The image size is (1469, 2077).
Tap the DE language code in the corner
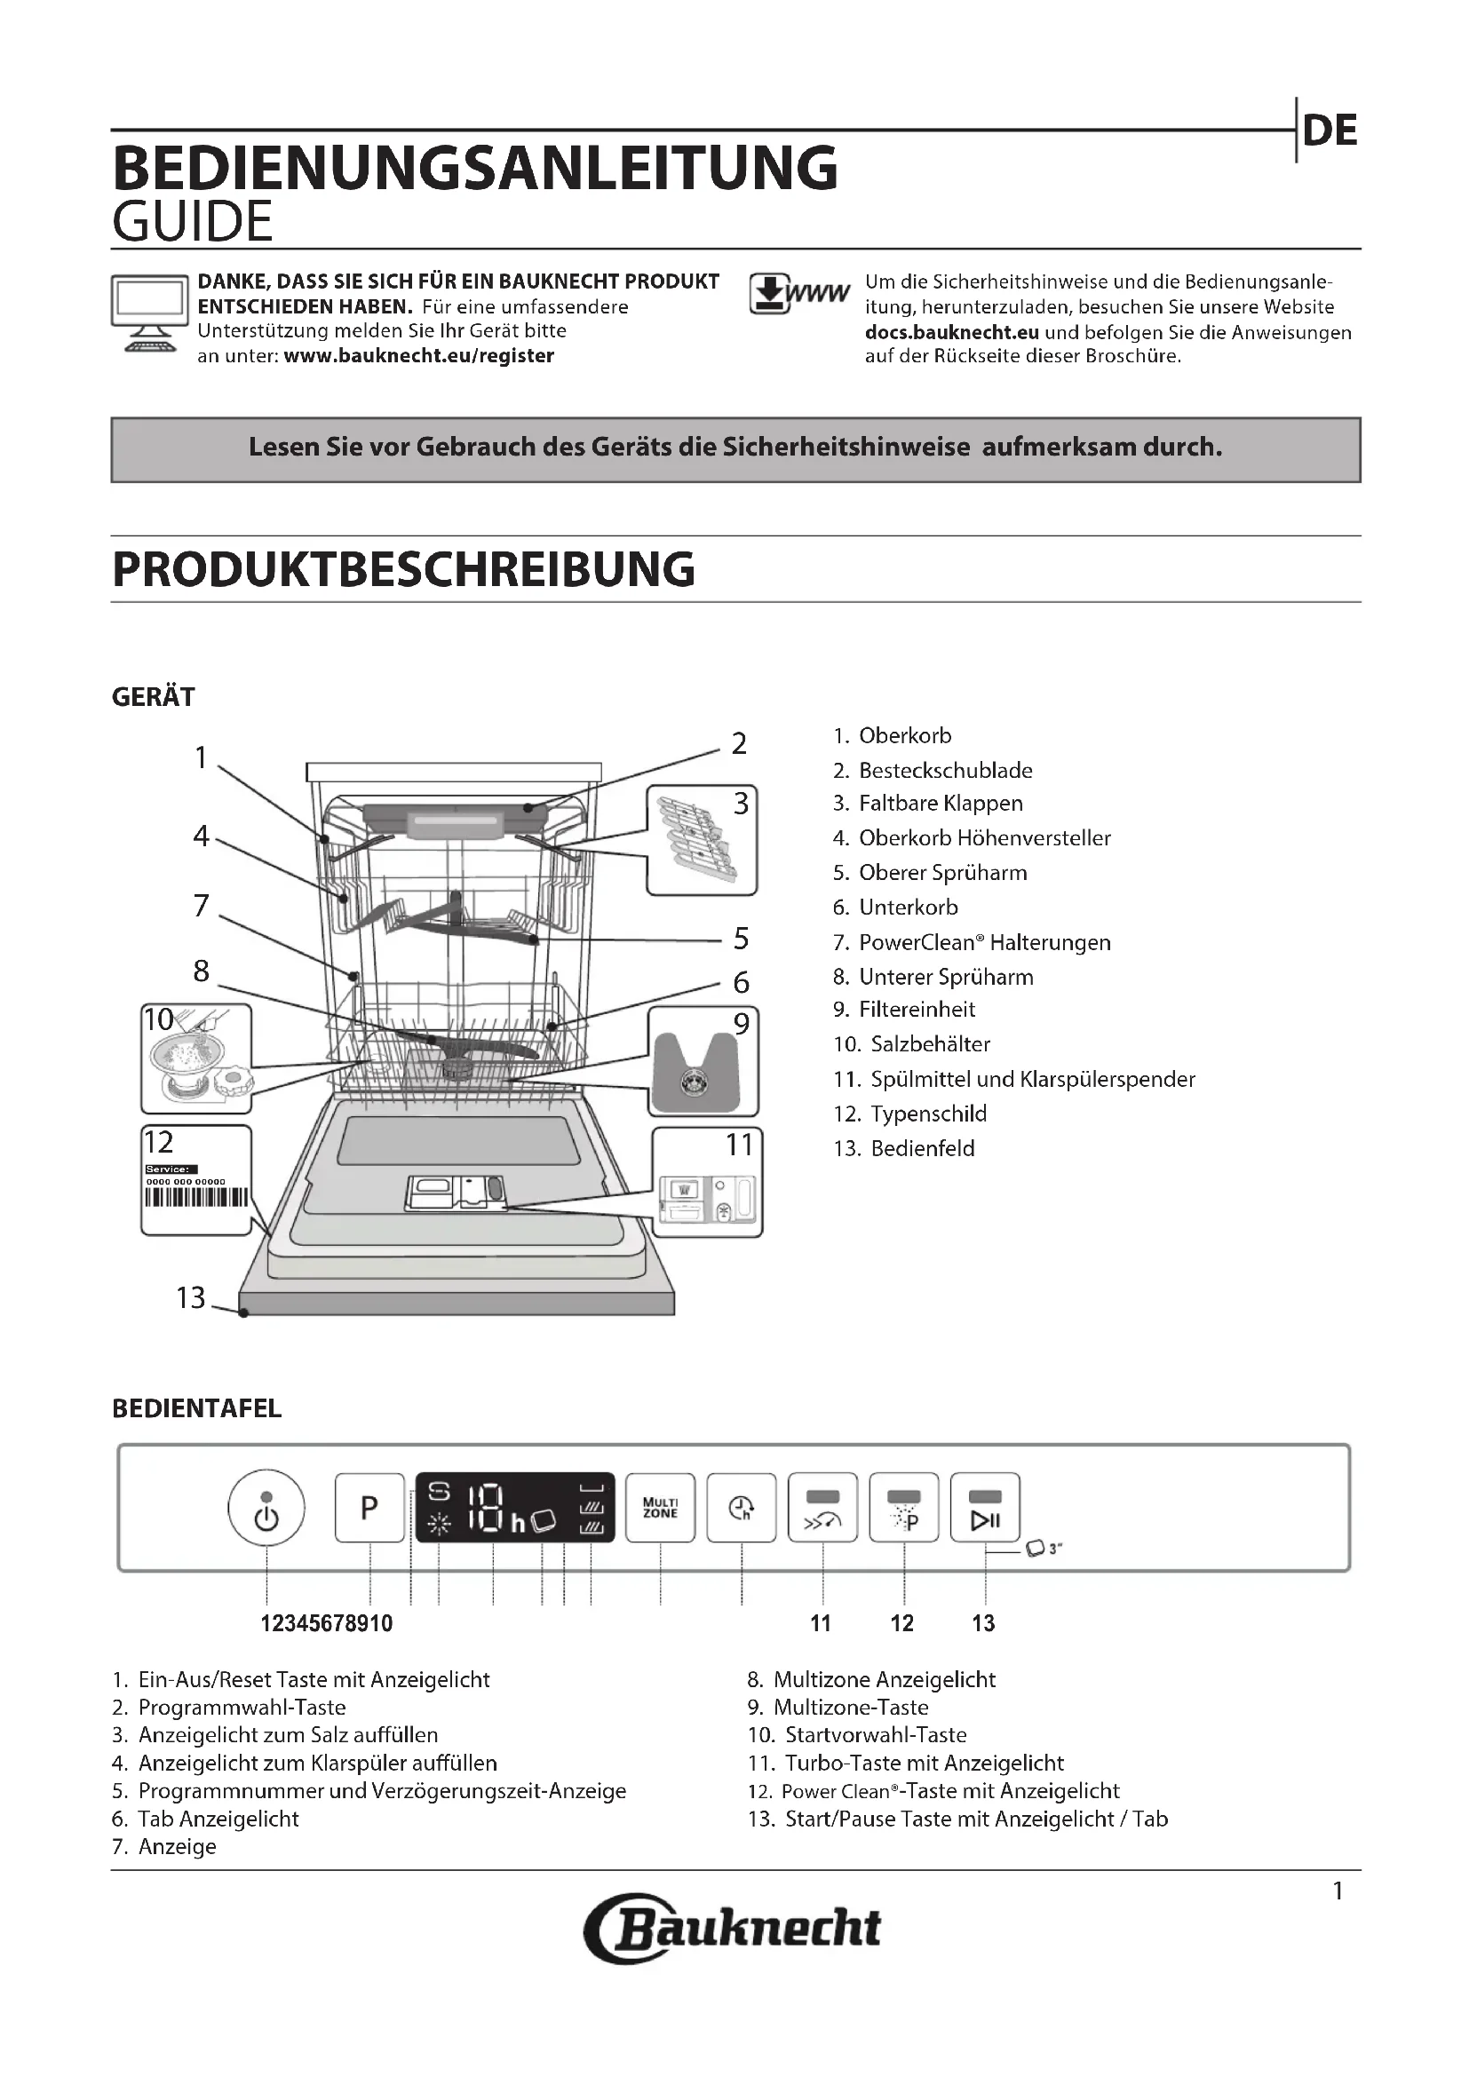tap(1330, 131)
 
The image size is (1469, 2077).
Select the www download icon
tap(798, 294)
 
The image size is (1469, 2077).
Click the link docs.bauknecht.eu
tap(951, 332)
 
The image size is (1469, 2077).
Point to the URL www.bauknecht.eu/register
tap(419, 355)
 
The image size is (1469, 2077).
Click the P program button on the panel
tap(369, 1508)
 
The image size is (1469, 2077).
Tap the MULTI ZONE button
tap(660, 1508)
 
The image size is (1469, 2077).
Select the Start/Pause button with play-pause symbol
tap(985, 1508)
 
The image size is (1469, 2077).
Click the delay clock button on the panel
tap(742, 1508)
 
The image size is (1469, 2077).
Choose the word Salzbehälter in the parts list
tap(930, 1044)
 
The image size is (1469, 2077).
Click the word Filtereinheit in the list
tap(917, 1010)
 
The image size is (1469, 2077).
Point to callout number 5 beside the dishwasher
tap(741, 939)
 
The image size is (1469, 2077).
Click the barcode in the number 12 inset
tap(196, 1198)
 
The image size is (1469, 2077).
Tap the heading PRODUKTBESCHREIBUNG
tap(403, 569)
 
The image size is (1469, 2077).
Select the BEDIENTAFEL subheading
tap(196, 1408)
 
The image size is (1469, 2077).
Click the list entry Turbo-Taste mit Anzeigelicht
tap(924, 1764)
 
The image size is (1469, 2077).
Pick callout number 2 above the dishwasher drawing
tap(739, 743)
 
